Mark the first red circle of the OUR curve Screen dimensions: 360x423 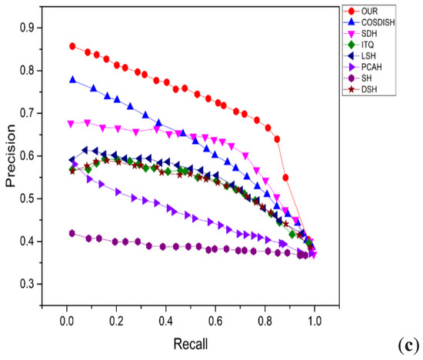point(72,46)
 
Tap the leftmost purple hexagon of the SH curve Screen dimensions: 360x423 point(72,233)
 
